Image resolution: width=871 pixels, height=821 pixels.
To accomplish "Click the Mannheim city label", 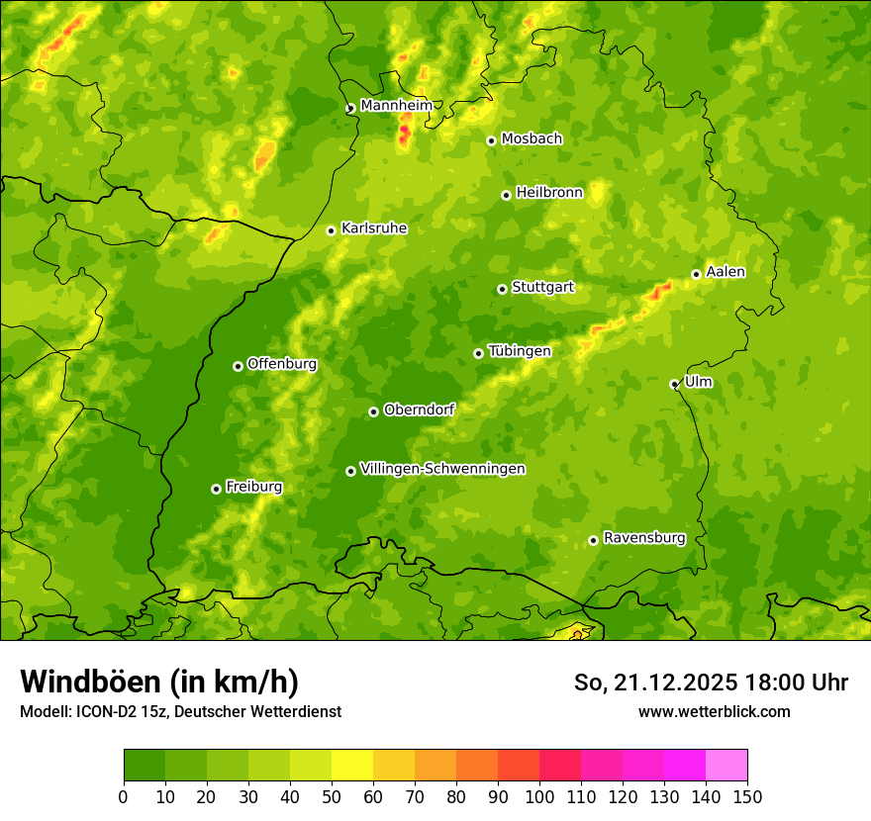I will (396, 105).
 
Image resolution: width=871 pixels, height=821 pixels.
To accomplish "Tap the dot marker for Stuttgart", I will (502, 289).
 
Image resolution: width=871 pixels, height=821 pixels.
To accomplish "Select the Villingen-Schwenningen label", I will (442, 469).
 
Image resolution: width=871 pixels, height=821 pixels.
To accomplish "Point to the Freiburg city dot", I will (216, 489).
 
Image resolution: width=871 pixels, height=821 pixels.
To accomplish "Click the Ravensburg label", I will (644, 538).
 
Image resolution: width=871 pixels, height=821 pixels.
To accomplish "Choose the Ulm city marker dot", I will (674, 384).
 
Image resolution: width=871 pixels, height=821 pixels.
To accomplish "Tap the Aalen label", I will (726, 272).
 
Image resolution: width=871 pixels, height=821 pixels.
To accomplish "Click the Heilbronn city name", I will (549, 193).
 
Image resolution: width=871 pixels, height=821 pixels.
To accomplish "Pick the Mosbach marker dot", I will (491, 140).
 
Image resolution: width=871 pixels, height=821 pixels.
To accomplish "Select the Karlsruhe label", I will (374, 228).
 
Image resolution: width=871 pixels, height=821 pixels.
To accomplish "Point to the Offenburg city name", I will (282, 364).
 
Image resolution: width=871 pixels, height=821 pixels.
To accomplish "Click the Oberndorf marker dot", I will (373, 411).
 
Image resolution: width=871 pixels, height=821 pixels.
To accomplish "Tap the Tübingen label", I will (520, 351).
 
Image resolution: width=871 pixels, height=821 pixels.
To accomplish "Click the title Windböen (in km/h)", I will (158, 682).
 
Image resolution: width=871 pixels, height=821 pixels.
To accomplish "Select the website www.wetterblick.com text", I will (714, 711).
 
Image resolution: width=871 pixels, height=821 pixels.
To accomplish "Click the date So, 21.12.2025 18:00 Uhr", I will (711, 683).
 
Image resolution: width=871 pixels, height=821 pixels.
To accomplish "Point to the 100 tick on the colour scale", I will (539, 796).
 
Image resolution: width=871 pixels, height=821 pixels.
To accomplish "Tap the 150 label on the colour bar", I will (747, 796).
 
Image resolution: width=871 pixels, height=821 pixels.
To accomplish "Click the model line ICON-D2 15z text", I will (180, 711).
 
